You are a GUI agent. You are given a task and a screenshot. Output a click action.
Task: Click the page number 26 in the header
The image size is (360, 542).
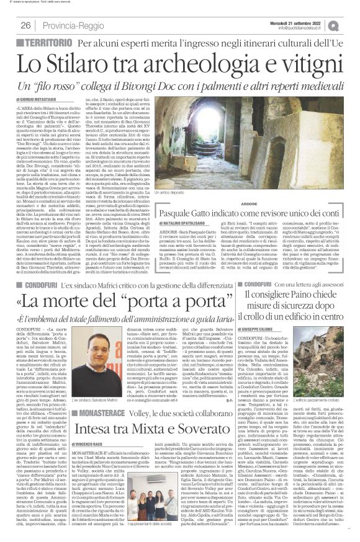click(x=27, y=25)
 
